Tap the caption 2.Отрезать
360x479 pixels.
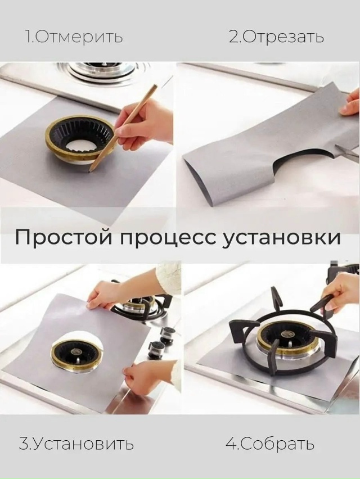coord(276,37)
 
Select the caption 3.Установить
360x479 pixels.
coord(76,444)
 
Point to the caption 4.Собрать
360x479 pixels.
coord(270,444)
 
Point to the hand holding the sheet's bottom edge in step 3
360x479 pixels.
coord(143,376)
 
